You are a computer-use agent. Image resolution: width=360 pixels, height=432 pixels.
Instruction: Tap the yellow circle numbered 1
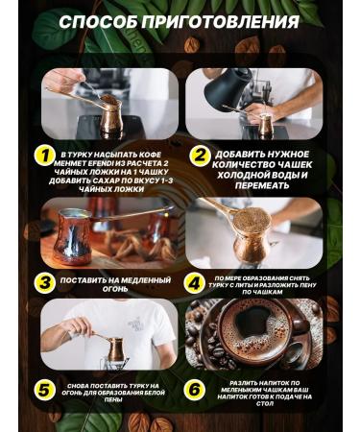click(43, 156)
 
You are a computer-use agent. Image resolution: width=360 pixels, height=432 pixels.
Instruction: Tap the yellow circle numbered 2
click(199, 156)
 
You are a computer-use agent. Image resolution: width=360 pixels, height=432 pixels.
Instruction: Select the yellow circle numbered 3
click(43, 283)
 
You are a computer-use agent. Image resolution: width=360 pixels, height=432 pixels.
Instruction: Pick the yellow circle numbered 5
click(43, 390)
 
